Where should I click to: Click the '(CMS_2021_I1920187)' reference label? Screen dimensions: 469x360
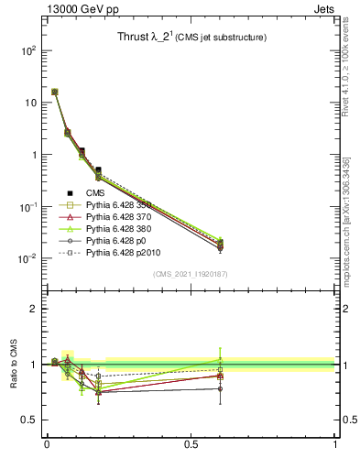[190, 274]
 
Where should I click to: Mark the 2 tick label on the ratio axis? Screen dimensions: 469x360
[34, 309]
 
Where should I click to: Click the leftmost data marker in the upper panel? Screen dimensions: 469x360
[55, 92]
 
